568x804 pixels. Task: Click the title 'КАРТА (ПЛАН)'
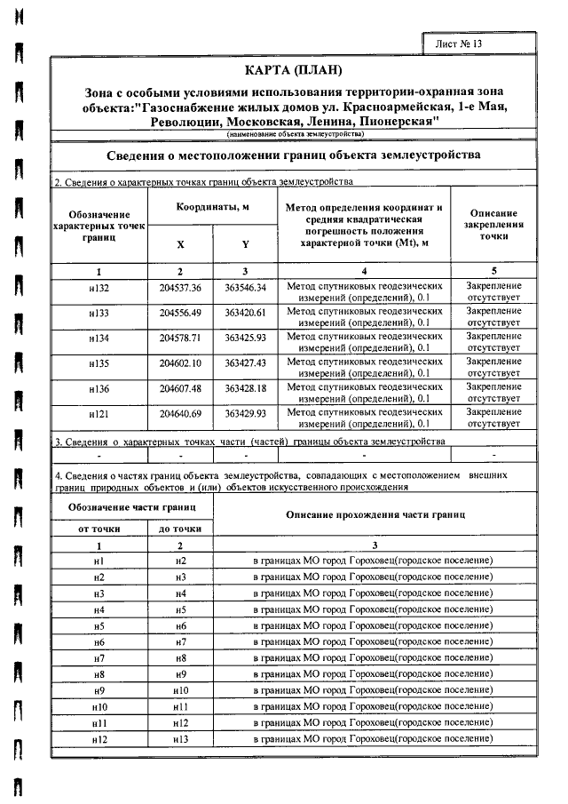[292, 70]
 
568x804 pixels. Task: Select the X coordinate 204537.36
[181, 289]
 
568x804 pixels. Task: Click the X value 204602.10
[181, 364]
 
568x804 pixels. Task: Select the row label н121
[99, 415]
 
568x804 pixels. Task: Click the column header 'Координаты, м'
[212, 206]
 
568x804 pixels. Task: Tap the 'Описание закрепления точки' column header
[493, 225]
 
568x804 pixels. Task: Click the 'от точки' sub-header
[99, 529]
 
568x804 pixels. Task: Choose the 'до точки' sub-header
[180, 529]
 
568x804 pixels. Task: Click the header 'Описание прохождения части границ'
[374, 515]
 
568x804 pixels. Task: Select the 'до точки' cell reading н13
[180, 739]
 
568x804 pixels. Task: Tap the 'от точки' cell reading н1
[99, 561]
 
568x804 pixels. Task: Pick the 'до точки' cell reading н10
[180, 690]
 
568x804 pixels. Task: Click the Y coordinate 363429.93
[245, 415]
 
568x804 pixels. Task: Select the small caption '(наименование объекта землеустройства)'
[294, 134]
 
